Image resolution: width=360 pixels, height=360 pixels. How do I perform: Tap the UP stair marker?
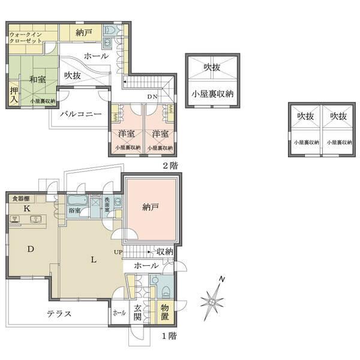coord(118,252)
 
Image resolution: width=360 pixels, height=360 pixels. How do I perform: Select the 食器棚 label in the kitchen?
coord(21,198)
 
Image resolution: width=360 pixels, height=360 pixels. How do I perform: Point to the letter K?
coord(26,208)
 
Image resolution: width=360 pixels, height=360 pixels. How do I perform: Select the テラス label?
coord(59,314)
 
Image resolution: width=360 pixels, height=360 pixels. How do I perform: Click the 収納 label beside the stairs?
coord(164,251)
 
